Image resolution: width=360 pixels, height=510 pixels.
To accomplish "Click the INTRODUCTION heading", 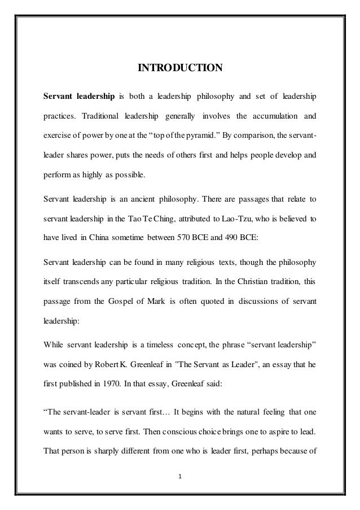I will pyautogui.click(x=181, y=69).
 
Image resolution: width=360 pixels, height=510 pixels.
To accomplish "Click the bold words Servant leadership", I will pyautogui.click(x=80, y=97).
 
